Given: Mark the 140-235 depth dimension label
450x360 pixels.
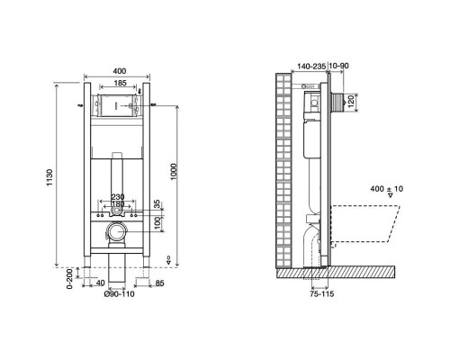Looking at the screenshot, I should [x=310, y=67].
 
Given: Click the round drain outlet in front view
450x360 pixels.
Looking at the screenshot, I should [x=116, y=232].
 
